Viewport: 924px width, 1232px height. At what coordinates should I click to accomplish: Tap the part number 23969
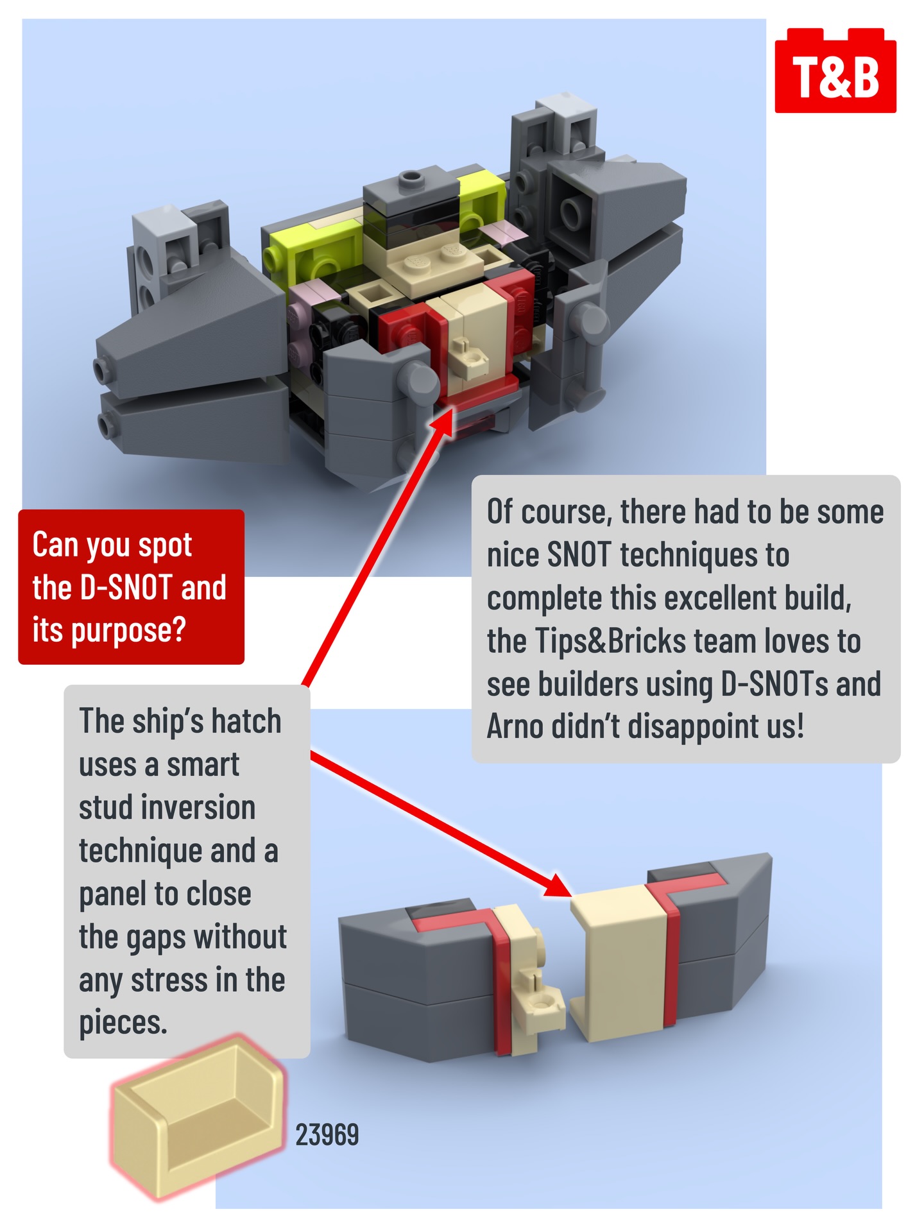click(x=327, y=1135)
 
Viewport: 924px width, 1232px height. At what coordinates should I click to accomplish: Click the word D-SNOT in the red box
click(x=126, y=587)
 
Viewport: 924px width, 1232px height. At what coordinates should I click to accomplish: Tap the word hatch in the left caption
click(x=246, y=721)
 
